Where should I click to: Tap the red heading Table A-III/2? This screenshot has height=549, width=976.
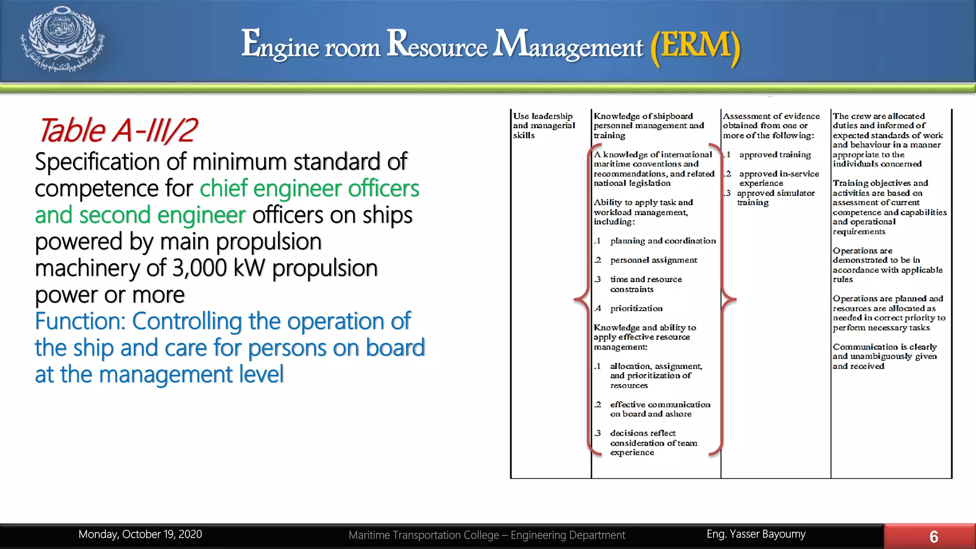(x=117, y=130)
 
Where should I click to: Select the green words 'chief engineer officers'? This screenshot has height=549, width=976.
(x=309, y=189)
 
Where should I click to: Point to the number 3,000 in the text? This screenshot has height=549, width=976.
(x=199, y=268)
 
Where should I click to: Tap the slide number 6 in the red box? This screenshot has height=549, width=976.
(x=934, y=537)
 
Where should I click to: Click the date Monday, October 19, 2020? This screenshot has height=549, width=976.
(x=140, y=534)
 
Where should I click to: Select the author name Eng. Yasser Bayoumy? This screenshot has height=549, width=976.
(x=756, y=534)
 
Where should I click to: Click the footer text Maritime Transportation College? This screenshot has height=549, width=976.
(x=423, y=535)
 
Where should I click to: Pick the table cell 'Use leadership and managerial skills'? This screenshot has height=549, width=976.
(x=544, y=126)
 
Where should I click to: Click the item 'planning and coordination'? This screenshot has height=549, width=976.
(x=662, y=241)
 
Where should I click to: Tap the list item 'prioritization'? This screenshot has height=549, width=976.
(x=636, y=308)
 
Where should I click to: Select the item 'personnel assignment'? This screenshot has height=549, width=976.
(x=653, y=260)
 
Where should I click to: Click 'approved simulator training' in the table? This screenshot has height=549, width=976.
(x=775, y=198)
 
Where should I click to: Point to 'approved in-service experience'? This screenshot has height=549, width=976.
(x=778, y=178)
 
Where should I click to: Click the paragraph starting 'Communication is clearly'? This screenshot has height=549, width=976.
(x=884, y=356)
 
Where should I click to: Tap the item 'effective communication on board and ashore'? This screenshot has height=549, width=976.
(x=660, y=409)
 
